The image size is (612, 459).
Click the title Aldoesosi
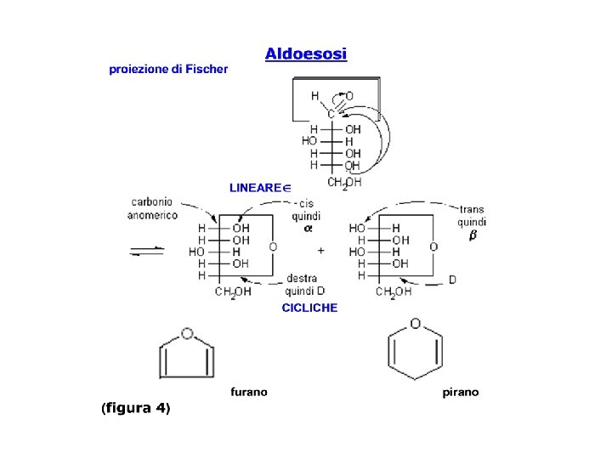pyautogui.click(x=305, y=54)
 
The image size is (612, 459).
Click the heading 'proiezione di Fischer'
pyautogui.click(x=168, y=69)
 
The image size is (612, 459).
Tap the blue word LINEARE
pyautogui.click(x=255, y=187)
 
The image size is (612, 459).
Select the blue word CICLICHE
pyautogui.click(x=309, y=308)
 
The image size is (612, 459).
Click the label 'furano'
pyautogui.click(x=249, y=392)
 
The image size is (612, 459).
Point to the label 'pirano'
pyautogui.click(x=461, y=392)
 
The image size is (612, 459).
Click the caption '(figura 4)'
pyautogui.click(x=136, y=408)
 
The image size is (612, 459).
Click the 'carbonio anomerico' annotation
pyautogui.click(x=153, y=208)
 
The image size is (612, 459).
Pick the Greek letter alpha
pyautogui.click(x=308, y=229)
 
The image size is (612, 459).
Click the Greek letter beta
pyautogui.click(x=473, y=235)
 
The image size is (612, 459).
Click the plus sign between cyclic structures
pyautogui.click(x=320, y=251)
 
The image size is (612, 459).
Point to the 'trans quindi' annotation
pyautogui.click(x=472, y=215)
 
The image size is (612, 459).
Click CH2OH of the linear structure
pyautogui.click(x=344, y=183)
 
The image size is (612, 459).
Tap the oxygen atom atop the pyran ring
pyautogui.click(x=415, y=323)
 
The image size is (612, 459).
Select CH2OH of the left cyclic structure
pyautogui.click(x=233, y=292)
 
